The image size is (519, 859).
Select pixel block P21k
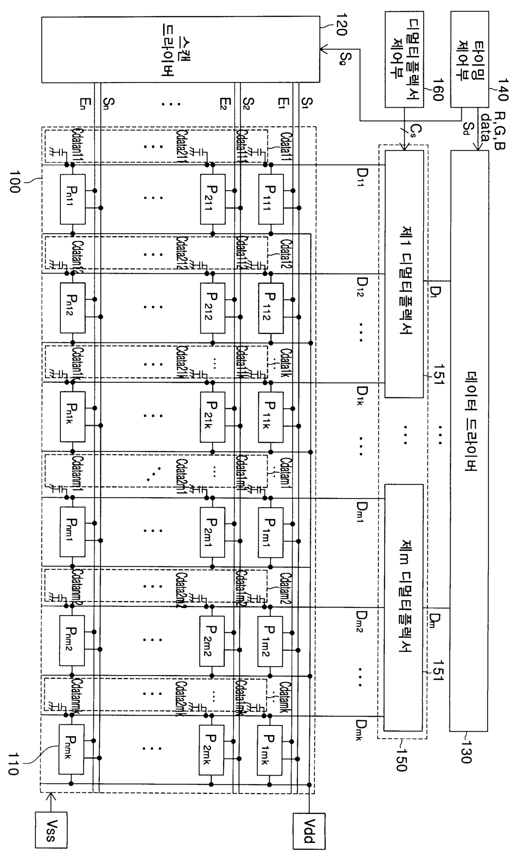coord(212,416)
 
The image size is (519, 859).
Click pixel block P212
coord(212,308)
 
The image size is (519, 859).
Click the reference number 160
coord(437,90)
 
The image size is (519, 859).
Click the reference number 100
coord(14,181)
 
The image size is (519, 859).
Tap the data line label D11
coord(362,176)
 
